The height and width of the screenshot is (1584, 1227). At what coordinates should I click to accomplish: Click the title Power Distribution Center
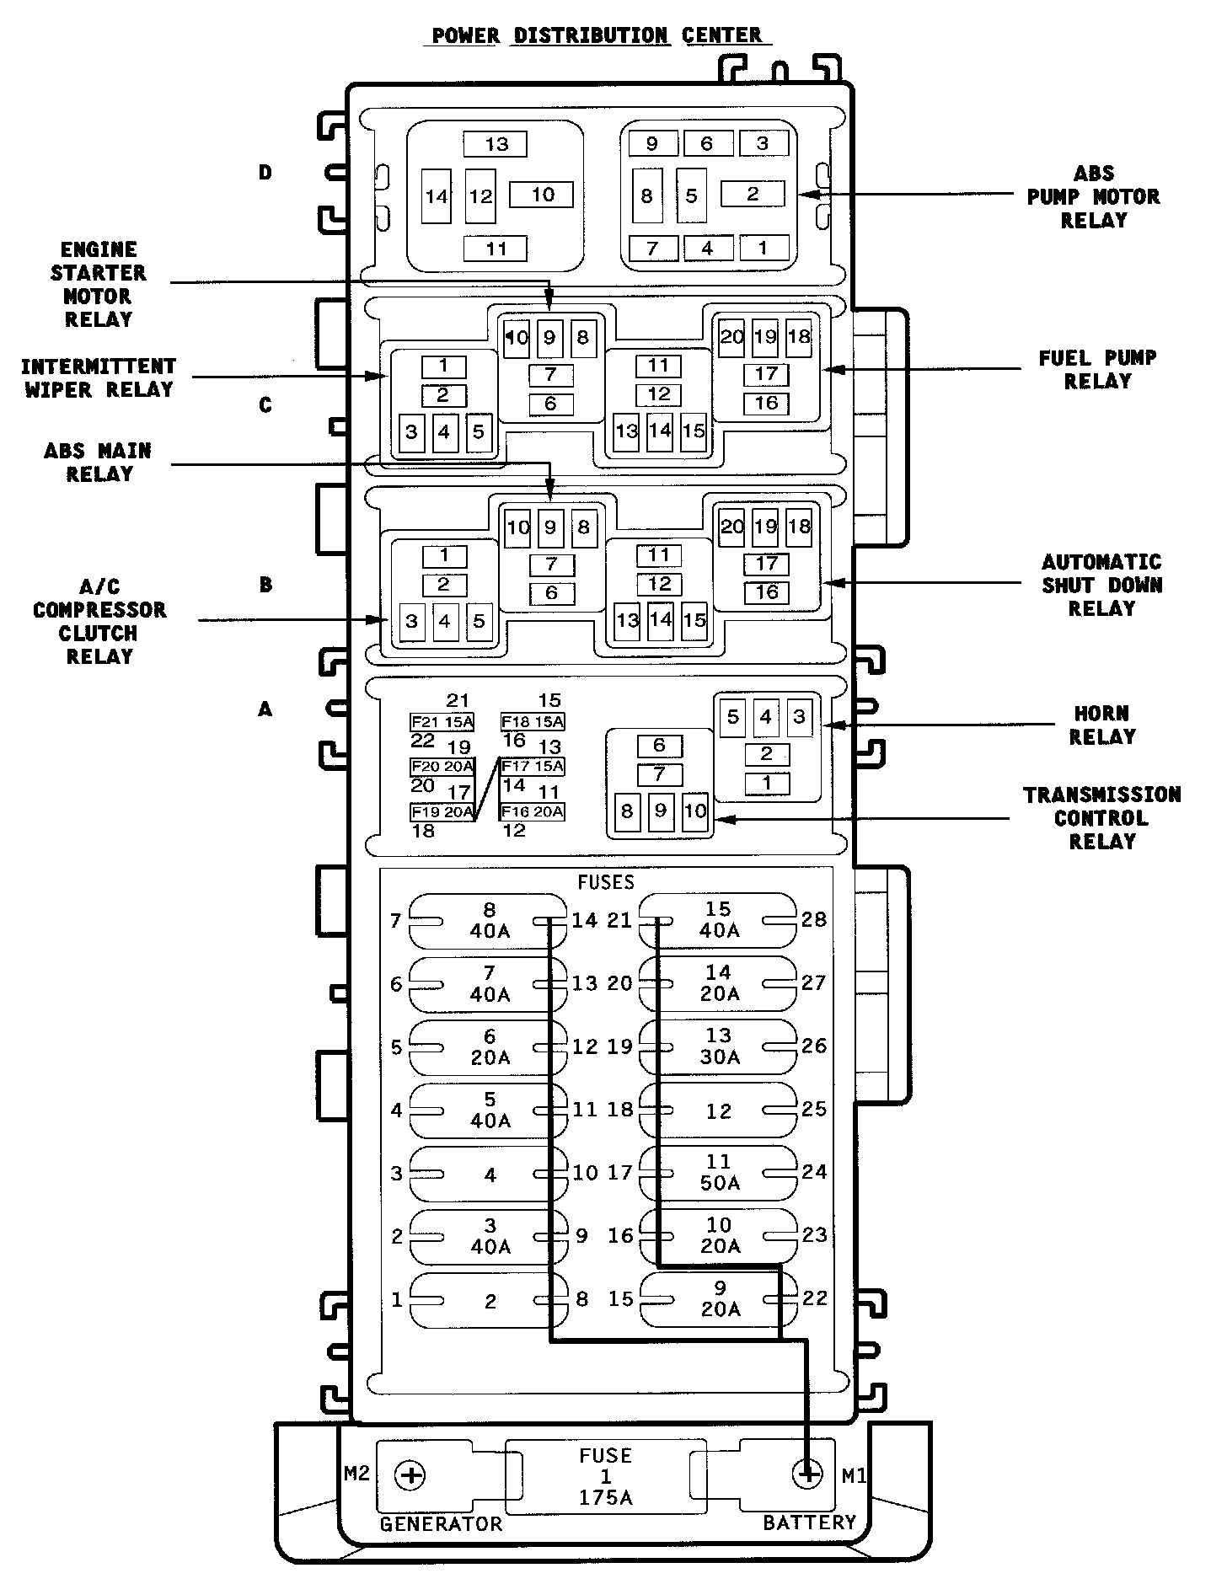tap(597, 35)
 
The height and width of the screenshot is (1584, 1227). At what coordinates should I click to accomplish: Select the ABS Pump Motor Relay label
tap(1093, 197)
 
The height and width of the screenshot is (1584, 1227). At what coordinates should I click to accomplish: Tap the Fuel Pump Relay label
tap(1097, 370)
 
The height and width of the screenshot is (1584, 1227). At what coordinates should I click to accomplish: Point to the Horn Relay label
tap(1101, 725)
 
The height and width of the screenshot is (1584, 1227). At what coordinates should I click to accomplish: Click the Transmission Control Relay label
tap(1101, 818)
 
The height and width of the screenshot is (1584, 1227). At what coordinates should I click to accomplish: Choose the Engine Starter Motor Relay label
tap(99, 285)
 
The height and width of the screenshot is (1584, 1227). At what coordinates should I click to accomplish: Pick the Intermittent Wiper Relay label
tap(99, 378)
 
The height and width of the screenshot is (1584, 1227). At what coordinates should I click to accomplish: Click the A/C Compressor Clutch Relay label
tap(99, 622)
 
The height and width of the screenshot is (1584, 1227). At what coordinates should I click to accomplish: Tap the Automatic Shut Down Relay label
tap(1101, 586)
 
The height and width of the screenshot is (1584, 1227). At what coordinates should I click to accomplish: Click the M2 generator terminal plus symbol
tap(411, 1475)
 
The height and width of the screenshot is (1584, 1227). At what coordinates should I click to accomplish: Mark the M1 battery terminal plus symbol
tap(807, 1474)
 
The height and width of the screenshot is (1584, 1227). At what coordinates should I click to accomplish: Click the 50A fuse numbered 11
tap(719, 1173)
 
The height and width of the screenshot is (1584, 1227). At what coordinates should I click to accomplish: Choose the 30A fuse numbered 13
tap(719, 1046)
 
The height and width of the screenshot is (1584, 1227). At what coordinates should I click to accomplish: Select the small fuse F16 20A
tap(533, 811)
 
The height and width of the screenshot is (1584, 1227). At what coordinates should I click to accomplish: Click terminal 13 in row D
tap(496, 144)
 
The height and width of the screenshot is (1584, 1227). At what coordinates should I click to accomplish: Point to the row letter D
tap(265, 174)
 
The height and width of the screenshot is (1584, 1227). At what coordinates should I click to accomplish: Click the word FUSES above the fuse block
tap(605, 882)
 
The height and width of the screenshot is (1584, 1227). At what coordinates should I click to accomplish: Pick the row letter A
tap(265, 710)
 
